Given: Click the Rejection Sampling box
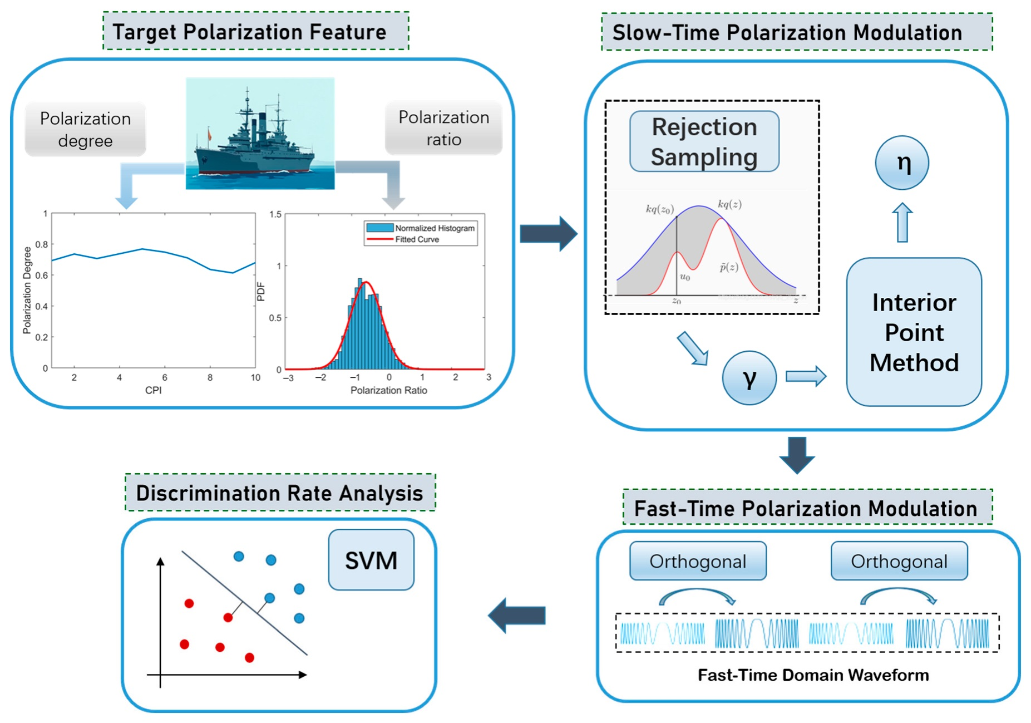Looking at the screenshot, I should (704, 141).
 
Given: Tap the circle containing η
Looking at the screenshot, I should (902, 163).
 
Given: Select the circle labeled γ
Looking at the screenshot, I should (749, 378).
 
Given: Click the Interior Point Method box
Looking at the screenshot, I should (914, 332).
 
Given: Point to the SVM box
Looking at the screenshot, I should (371, 560).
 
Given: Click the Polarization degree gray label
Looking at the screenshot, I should (85, 129).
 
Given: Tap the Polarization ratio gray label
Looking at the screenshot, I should (443, 128).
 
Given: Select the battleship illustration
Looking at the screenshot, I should (260, 134).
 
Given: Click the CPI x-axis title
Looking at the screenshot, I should (154, 390).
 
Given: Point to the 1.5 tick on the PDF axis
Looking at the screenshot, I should (275, 214).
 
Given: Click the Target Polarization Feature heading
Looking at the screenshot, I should (249, 32).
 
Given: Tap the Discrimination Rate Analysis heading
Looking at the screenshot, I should (279, 493).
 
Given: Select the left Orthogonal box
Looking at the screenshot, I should (698, 562).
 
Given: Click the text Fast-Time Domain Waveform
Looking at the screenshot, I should (813, 675).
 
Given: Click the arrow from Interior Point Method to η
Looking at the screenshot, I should (902, 222).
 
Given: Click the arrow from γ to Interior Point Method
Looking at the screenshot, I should (806, 377).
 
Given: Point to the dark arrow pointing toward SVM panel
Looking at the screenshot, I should (517, 616).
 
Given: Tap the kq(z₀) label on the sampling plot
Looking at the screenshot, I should (659, 209).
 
